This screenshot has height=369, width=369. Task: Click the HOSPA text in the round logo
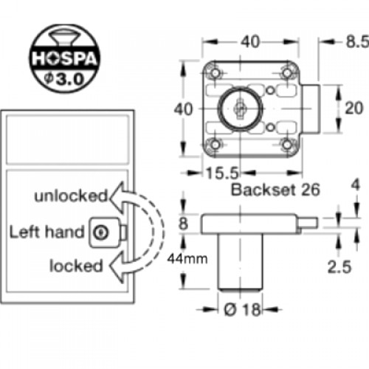pyautogui.click(x=64, y=59)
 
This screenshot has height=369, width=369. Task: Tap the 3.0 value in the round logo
pyautogui.click(x=70, y=79)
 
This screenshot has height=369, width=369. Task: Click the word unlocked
pyautogui.click(x=71, y=196)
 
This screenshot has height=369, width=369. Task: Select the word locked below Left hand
pyautogui.click(x=76, y=266)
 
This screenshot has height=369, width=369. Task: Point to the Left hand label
pyautogui.click(x=46, y=232)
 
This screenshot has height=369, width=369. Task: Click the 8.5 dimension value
pyautogui.click(x=357, y=42)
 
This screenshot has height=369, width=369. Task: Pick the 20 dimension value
pyautogui.click(x=354, y=108)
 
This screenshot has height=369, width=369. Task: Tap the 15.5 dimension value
pyautogui.click(x=222, y=173)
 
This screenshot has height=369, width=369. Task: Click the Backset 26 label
pyautogui.click(x=275, y=190)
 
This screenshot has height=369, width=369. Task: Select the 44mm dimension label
pyautogui.click(x=187, y=259)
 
